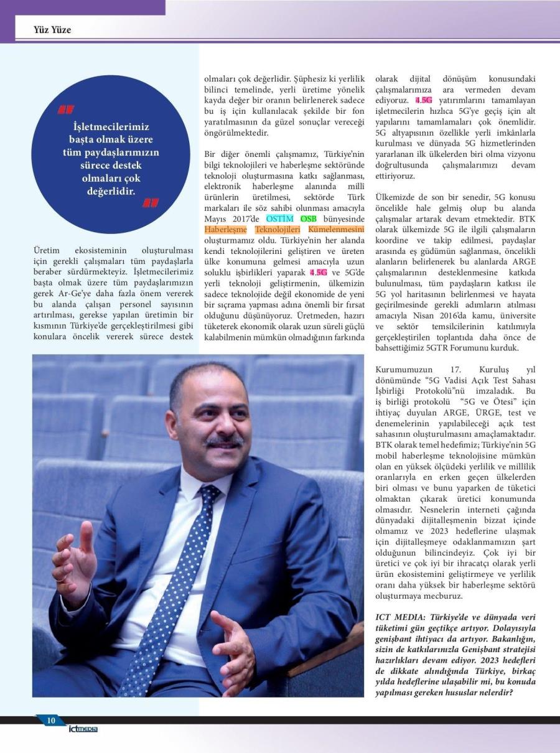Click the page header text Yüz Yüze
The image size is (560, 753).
click(x=52, y=29)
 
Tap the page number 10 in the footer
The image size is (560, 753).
click(x=51, y=721)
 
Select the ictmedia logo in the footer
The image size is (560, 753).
click(x=83, y=729)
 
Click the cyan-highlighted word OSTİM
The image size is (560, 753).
click(x=279, y=219)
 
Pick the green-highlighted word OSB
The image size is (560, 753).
click(x=308, y=219)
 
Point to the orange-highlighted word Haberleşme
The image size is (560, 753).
click(x=226, y=229)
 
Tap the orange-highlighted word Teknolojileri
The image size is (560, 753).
click(x=278, y=229)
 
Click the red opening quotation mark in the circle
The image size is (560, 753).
click(x=65, y=110)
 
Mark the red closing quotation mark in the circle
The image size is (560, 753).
click(x=151, y=202)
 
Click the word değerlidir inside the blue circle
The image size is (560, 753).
click(x=111, y=190)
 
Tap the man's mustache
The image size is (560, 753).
click(x=225, y=441)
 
